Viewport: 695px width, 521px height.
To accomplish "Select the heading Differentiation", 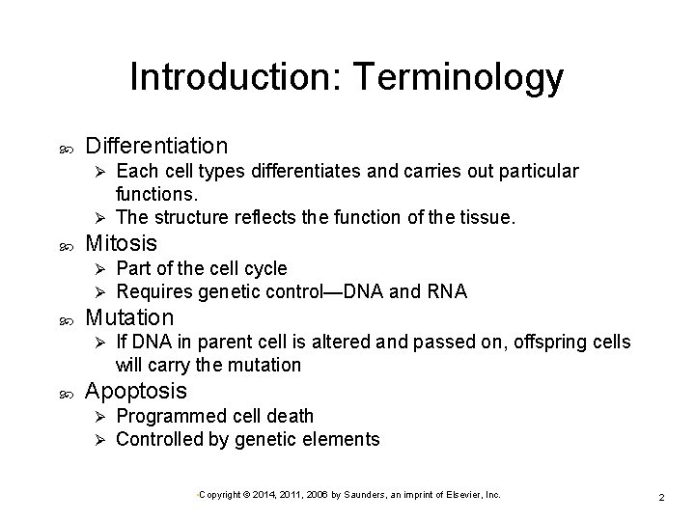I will point(156,146).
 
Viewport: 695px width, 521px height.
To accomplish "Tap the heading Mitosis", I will point(121,242).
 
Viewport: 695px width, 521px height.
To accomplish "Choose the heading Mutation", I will point(129,316).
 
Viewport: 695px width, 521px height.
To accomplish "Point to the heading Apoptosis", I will point(136,391).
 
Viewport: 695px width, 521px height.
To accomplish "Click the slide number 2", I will point(661,496).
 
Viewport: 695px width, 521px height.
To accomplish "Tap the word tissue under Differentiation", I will point(489,218).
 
